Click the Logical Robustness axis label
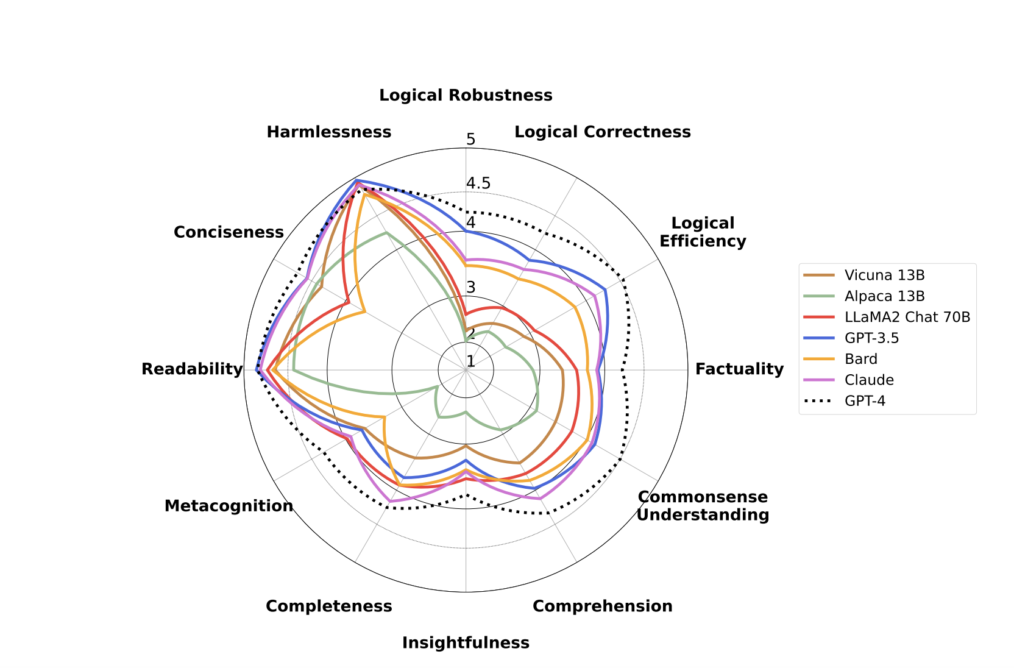(x=466, y=96)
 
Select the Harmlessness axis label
(x=329, y=132)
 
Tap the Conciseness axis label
(x=229, y=232)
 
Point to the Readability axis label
(x=192, y=369)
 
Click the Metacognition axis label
(x=229, y=506)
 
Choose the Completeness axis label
(x=329, y=606)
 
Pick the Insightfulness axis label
(x=466, y=642)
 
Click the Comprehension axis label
(x=602, y=606)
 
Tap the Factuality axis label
(x=739, y=369)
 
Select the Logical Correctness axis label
(x=602, y=132)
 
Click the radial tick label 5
(x=471, y=140)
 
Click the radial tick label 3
(x=471, y=288)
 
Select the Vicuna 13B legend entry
(x=884, y=275)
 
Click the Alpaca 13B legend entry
(x=884, y=296)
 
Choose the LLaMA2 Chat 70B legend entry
(x=907, y=317)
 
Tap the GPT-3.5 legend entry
(x=871, y=338)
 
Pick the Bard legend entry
(x=860, y=359)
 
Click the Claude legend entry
(x=869, y=380)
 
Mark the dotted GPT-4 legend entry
(x=865, y=400)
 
